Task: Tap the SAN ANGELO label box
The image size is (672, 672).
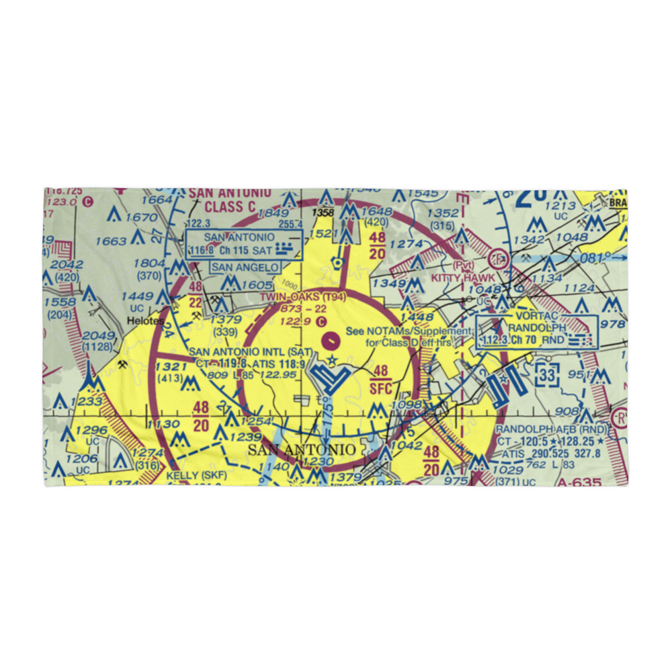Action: pyautogui.click(x=245, y=267)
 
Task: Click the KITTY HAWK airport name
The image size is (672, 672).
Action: pyautogui.click(x=463, y=278)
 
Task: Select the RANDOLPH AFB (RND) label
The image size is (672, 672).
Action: pyautogui.click(x=551, y=430)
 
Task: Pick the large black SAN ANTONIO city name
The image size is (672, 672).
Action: pyautogui.click(x=302, y=450)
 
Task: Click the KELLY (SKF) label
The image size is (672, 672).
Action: pyautogui.click(x=196, y=476)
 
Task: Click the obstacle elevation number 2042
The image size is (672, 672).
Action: pyautogui.click(x=67, y=265)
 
